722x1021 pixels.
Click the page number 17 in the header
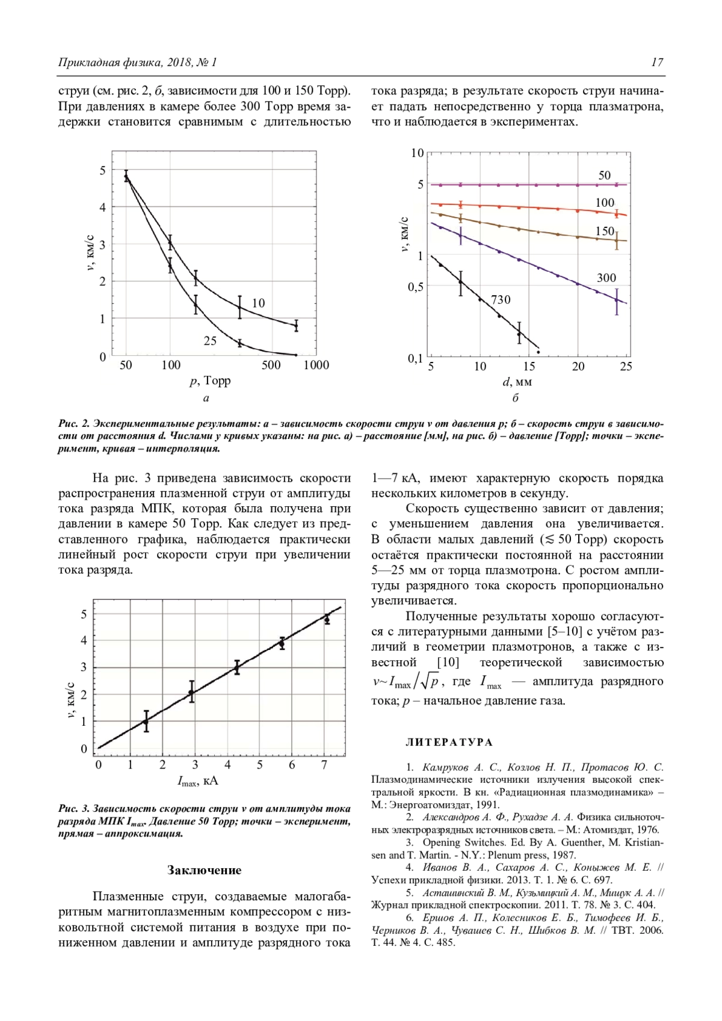tap(657, 62)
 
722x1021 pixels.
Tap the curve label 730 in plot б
tap(501, 299)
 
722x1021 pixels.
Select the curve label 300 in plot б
tap(606, 278)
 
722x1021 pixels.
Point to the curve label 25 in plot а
tap(210, 341)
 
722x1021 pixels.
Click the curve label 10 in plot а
tap(258, 303)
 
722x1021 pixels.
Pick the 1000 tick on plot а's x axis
tap(316, 365)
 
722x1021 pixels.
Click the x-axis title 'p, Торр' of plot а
tap(210, 381)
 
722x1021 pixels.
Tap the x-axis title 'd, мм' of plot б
tap(517, 381)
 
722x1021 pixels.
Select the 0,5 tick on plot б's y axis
tap(416, 287)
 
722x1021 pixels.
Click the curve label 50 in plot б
tap(604, 175)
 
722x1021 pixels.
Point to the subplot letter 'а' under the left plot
tap(206, 398)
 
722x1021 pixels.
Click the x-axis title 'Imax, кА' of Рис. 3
tap(198, 781)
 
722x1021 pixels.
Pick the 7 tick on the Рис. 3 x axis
tap(324, 765)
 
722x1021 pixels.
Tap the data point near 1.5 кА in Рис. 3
tap(146, 721)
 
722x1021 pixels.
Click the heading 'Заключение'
tap(204, 870)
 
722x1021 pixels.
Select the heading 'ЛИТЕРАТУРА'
tap(449, 742)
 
